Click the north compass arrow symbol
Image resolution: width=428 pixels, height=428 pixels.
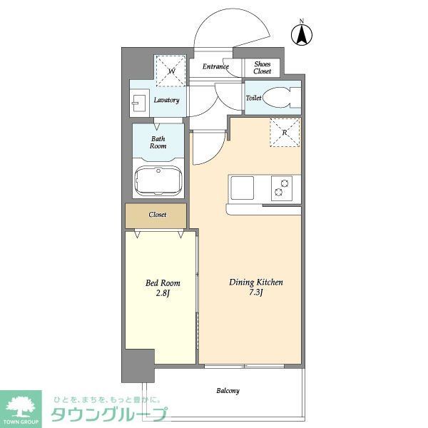pyautogui.click(x=301, y=34)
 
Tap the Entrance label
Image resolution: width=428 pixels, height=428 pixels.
pyautogui.click(x=215, y=67)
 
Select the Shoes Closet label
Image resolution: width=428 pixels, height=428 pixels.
pyautogui.click(x=263, y=67)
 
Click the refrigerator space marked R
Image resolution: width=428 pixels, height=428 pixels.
pyautogui.click(x=285, y=133)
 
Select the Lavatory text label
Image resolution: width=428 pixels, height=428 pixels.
pyautogui.click(x=166, y=101)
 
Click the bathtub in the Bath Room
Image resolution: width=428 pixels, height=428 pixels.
pyautogui.click(x=159, y=180)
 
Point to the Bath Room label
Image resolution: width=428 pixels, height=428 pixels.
pyautogui.click(x=158, y=142)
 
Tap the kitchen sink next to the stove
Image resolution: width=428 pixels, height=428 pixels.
pyautogui.click(x=240, y=188)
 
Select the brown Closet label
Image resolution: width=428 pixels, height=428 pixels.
pyautogui.click(x=157, y=215)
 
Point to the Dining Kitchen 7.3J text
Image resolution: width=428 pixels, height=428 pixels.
pyautogui.click(x=255, y=287)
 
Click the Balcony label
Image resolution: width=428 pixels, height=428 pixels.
pyautogui.click(x=228, y=391)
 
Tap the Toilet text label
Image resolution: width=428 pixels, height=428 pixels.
pyautogui.click(x=253, y=98)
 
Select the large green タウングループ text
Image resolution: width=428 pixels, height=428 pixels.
pyautogui.click(x=108, y=414)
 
